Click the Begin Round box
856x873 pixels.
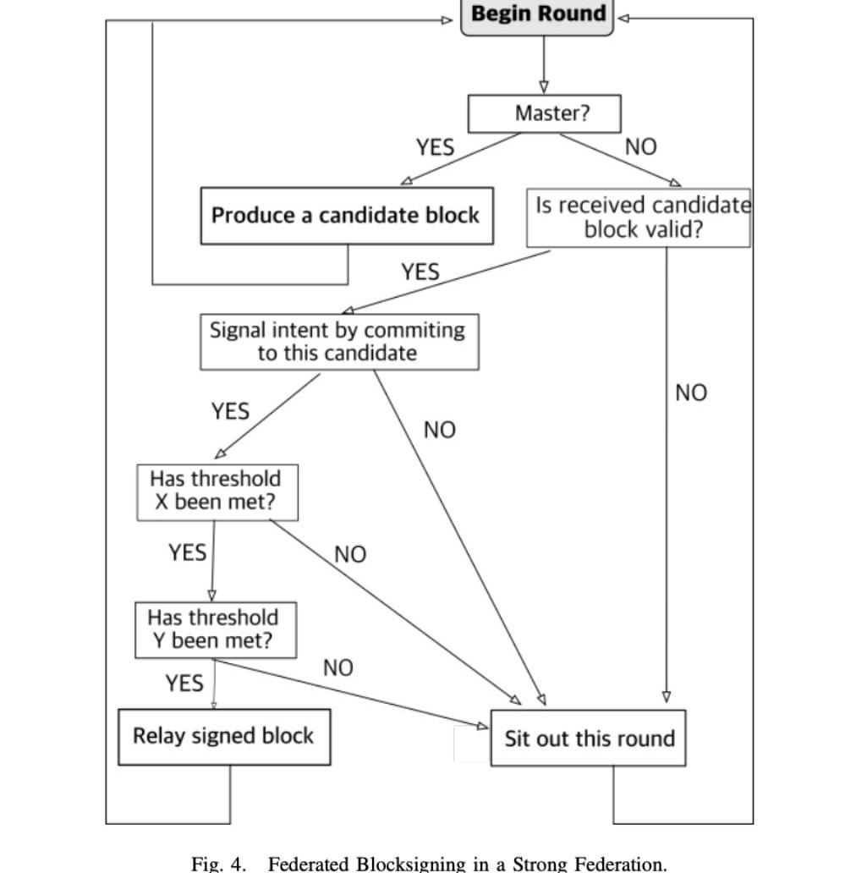(x=537, y=15)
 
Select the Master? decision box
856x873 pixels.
(x=544, y=113)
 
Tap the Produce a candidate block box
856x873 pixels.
(x=346, y=216)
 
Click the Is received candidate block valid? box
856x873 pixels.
(x=639, y=217)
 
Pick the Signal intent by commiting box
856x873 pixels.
(x=338, y=341)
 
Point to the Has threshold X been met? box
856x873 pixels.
(x=217, y=491)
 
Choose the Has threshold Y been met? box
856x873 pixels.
(x=216, y=629)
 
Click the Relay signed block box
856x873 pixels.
(x=223, y=736)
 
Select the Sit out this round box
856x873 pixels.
(x=589, y=738)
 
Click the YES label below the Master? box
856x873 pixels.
(x=435, y=147)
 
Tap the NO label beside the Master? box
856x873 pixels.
(x=640, y=147)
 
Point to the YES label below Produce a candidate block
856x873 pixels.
(x=420, y=272)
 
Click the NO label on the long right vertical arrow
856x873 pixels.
(x=690, y=393)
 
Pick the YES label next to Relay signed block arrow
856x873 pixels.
(x=184, y=683)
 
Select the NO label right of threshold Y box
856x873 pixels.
(x=337, y=668)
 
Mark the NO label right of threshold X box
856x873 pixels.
(x=350, y=555)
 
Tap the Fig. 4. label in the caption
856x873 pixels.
(x=219, y=864)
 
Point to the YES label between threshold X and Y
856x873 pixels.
(x=187, y=552)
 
